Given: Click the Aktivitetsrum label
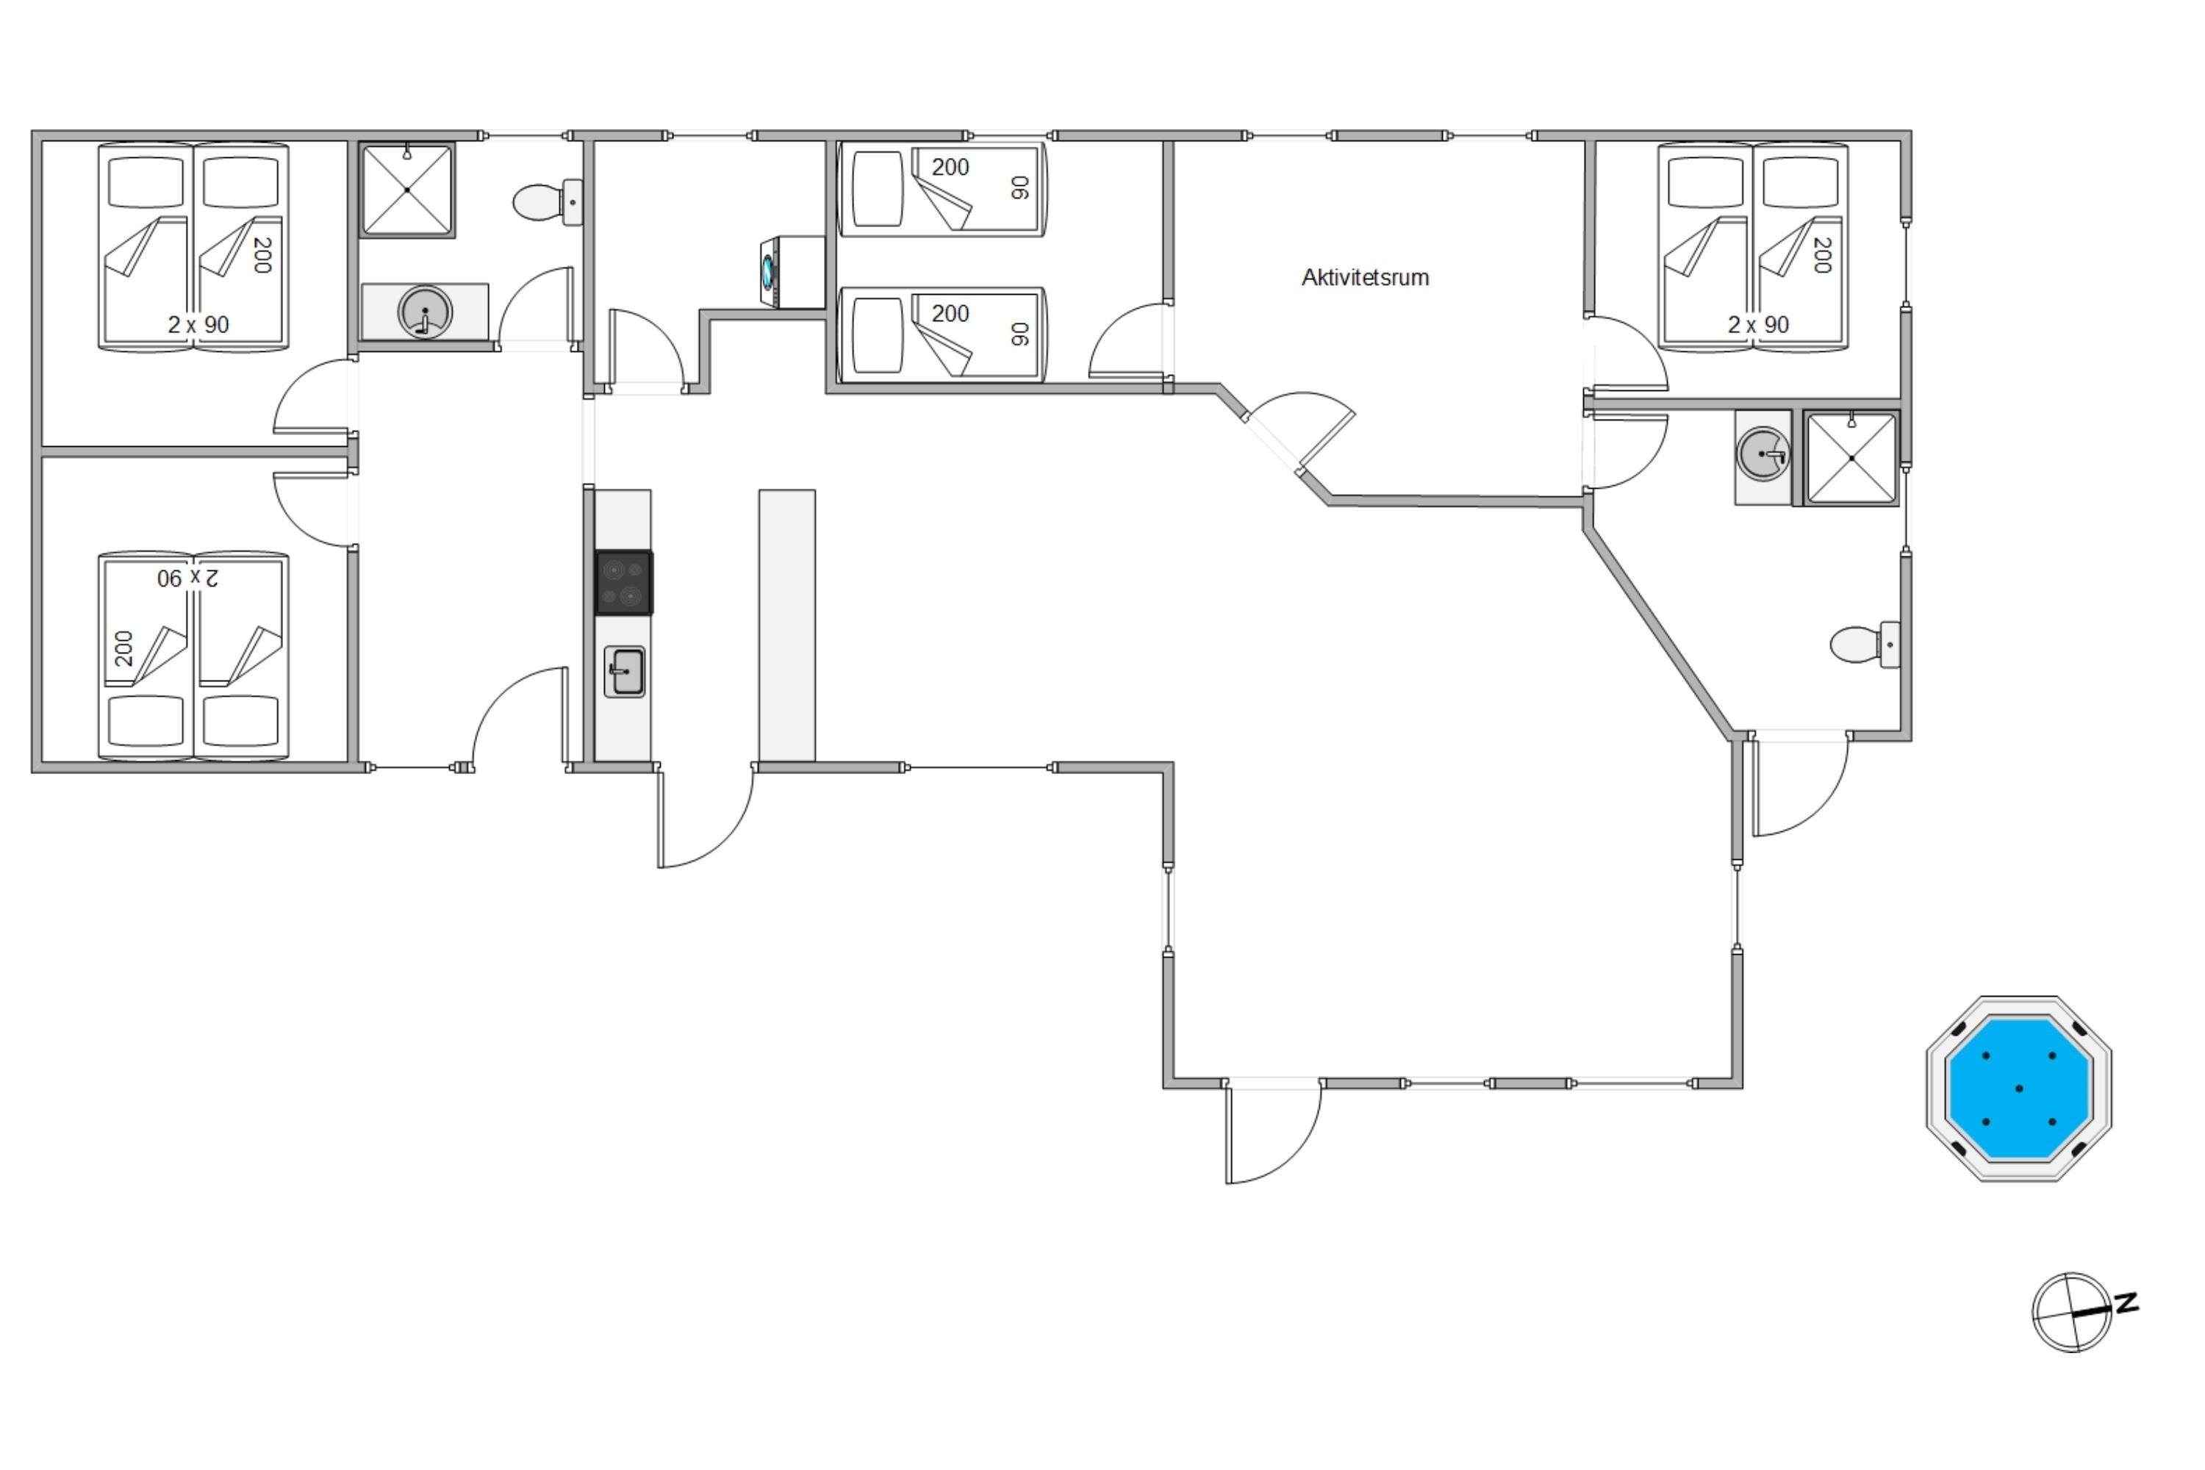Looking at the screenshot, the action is point(1365,278).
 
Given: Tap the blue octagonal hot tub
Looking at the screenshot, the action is point(2018,1089).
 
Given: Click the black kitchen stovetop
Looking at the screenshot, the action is point(623,583).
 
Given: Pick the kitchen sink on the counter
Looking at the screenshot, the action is point(624,671).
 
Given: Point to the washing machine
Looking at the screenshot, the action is point(792,272).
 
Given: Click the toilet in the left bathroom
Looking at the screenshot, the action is point(548,201).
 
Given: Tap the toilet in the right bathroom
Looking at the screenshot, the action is point(1865,645).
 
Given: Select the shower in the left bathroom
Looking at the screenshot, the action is point(407,190).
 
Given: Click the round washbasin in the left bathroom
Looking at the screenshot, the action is point(426,312).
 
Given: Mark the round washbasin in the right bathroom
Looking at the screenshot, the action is point(1763,455).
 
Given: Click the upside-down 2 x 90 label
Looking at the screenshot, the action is point(187,578).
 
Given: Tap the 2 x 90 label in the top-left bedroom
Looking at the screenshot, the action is point(198,324).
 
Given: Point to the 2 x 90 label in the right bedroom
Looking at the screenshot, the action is point(1759,324).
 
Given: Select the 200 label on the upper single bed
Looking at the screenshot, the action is point(950,168).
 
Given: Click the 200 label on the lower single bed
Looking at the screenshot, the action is point(950,313).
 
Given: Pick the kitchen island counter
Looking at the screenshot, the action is point(786,625).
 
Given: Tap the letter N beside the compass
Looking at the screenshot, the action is point(2127,1302).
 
